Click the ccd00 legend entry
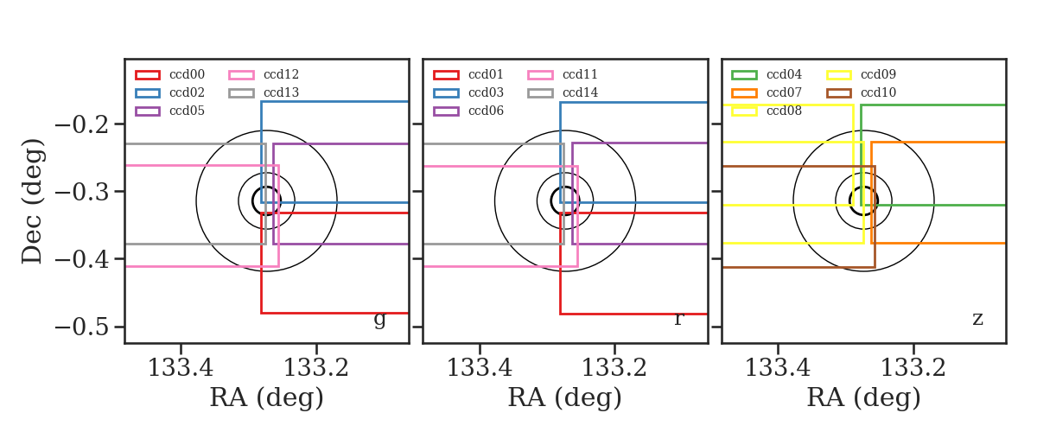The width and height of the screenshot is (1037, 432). pyautogui.click(x=170, y=74)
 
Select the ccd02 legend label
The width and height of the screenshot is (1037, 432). pyautogui.click(x=187, y=92)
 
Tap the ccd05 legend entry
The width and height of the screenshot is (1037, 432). pyautogui.click(x=170, y=111)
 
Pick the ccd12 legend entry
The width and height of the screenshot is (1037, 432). pyautogui.click(x=264, y=74)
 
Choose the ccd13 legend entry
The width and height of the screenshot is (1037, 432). pyautogui.click(x=264, y=92)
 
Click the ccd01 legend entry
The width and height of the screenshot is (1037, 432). pyautogui.click(x=468, y=74)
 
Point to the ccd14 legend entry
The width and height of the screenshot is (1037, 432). pyautogui.click(x=563, y=92)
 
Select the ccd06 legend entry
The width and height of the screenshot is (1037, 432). pyautogui.click(x=468, y=111)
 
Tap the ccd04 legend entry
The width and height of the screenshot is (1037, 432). pyautogui.click(x=767, y=74)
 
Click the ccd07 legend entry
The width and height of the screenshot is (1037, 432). pyautogui.click(x=767, y=92)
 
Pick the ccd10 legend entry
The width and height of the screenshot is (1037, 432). pyautogui.click(x=861, y=92)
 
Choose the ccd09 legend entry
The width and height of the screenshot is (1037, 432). pyautogui.click(x=861, y=74)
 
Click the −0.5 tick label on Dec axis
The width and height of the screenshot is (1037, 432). pyautogui.click(x=82, y=327)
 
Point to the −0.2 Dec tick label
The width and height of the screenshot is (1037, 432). pyautogui.click(x=82, y=124)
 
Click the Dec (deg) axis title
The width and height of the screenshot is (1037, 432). pyautogui.click(x=33, y=201)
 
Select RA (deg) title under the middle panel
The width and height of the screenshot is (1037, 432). pyautogui.click(x=565, y=397)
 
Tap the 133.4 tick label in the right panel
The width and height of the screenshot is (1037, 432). pyautogui.click(x=778, y=368)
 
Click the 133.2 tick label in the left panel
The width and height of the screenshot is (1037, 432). pyautogui.click(x=315, y=368)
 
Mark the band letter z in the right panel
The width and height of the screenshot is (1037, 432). pyautogui.click(x=977, y=319)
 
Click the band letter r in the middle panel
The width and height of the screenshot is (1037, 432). pyautogui.click(x=678, y=319)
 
